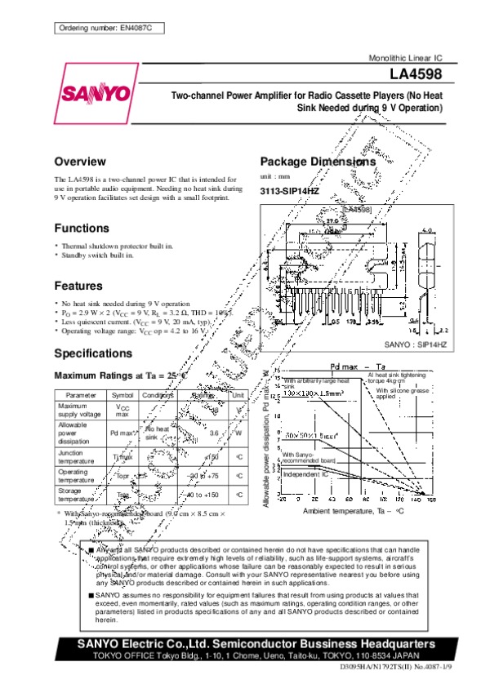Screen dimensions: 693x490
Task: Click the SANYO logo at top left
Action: pos(94,92)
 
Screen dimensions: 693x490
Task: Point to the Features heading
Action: pos(78,286)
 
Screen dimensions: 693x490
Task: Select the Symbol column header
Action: pos(122,395)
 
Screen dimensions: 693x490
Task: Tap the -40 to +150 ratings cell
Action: pos(203,495)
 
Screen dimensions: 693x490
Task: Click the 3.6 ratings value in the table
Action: pos(215,433)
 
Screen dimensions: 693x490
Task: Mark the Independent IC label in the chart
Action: pos(306,473)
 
